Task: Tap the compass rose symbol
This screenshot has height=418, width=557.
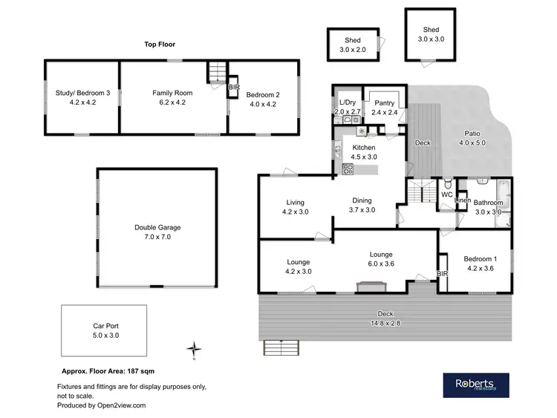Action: (193, 348)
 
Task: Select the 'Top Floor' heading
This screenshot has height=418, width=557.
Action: (160, 44)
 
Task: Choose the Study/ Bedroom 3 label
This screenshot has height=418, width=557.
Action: (82, 97)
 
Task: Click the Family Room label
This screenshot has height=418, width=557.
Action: (172, 97)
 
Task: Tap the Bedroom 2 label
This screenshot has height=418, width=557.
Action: (262, 99)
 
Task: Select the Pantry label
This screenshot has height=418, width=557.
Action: (385, 108)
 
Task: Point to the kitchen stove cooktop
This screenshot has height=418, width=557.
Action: (347, 169)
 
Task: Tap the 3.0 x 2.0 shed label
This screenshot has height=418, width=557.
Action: (352, 45)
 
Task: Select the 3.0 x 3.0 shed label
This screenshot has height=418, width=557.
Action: (430, 34)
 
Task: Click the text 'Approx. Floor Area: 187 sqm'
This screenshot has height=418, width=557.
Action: (107, 370)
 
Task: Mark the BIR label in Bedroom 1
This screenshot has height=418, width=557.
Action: (443, 274)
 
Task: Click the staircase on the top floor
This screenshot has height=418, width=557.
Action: (215, 72)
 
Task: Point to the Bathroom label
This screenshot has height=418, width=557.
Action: (489, 207)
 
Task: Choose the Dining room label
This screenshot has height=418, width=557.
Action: (362, 206)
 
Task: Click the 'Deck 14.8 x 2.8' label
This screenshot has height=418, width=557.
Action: (385, 319)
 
